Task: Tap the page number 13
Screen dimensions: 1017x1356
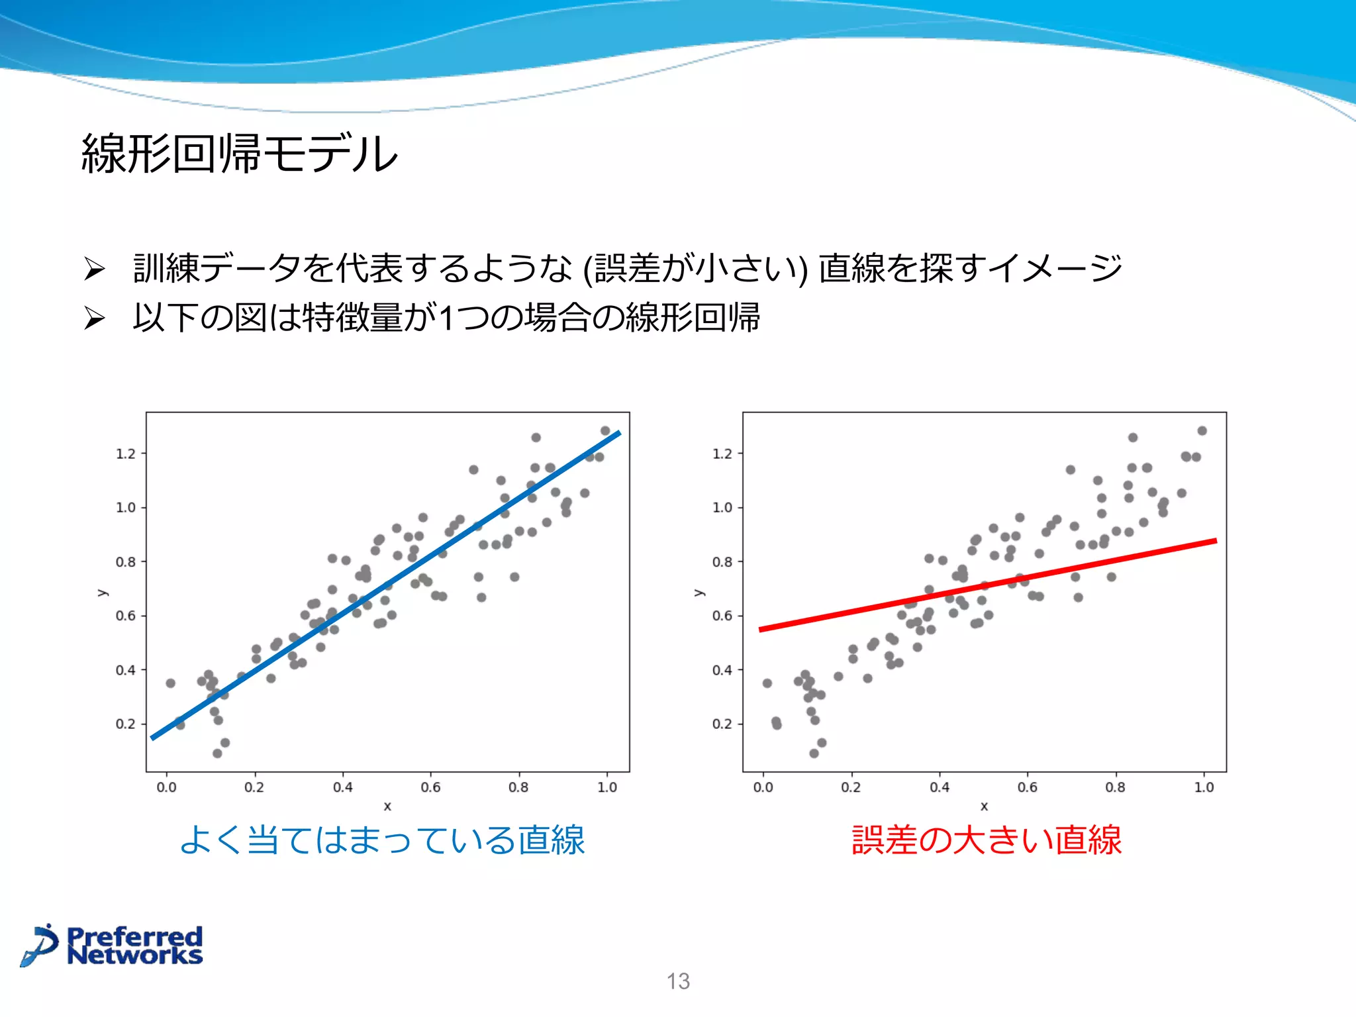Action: click(678, 981)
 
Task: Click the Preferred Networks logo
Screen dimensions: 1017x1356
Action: click(111, 945)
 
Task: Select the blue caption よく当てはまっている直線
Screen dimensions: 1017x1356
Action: click(382, 840)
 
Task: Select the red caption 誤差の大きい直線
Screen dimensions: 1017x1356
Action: click(986, 840)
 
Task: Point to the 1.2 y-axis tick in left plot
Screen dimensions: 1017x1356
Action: click(126, 454)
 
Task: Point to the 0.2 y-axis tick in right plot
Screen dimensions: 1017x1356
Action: click(722, 724)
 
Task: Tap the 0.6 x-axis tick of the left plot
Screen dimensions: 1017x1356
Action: click(430, 787)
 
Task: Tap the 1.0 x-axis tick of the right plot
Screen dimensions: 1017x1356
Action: click(1204, 787)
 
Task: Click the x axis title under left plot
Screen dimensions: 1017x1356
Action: click(387, 806)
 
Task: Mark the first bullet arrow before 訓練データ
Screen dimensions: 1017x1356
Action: click(95, 269)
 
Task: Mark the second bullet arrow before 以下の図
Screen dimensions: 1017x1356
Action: click(95, 318)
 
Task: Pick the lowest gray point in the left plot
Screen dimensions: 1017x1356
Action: click(217, 753)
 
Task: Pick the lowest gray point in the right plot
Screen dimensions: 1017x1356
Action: click(814, 753)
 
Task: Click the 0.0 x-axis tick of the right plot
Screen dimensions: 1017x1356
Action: click(763, 787)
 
